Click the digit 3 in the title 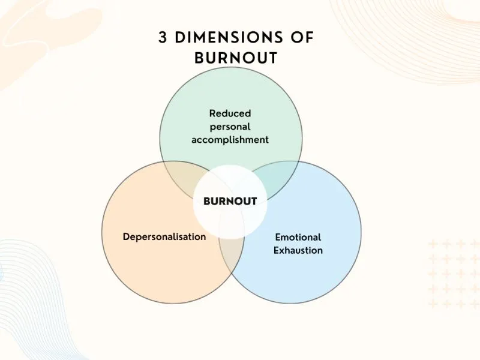coord(163,37)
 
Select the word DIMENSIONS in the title coord(231,37)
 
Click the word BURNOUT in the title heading coord(236,58)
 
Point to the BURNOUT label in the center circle coord(230,202)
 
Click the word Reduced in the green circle coord(230,113)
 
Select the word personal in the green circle coord(230,127)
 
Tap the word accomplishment coord(230,140)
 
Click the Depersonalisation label coord(164,236)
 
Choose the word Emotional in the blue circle coord(298,237)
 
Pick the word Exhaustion coord(298,250)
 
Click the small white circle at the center coord(230,216)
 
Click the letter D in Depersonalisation coord(126,236)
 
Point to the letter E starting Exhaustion coord(277,250)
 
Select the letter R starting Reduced coord(212,113)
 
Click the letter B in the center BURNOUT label coord(207,202)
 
